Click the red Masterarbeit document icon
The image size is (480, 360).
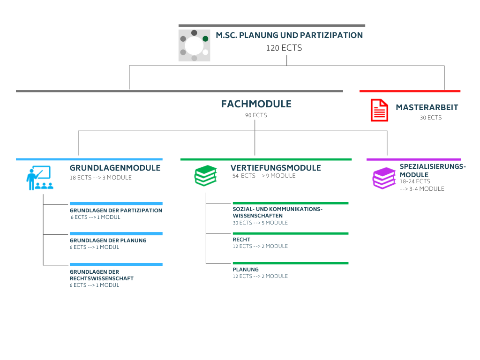(379, 110)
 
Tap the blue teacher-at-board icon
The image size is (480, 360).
(40, 178)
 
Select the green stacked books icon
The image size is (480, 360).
(206, 176)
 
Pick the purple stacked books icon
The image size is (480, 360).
(384, 178)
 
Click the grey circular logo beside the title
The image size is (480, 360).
(195, 45)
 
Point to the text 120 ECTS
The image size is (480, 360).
(284, 48)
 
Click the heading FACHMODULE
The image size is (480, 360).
(256, 104)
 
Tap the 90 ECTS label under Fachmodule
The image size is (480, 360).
(256, 115)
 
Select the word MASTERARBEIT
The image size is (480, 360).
(427, 107)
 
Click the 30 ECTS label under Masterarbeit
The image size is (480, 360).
(431, 118)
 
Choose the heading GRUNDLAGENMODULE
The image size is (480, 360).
(115, 168)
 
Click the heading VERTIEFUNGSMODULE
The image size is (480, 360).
(276, 168)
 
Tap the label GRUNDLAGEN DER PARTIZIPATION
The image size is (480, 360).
(116, 210)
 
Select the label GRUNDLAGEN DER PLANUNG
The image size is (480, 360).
(108, 240)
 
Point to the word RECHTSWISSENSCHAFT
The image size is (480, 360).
(102, 278)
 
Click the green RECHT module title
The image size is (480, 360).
(241, 240)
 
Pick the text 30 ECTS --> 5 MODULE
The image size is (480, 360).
(260, 223)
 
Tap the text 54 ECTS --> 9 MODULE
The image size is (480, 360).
(264, 176)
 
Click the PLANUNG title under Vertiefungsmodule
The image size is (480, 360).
(246, 270)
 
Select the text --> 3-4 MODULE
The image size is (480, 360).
(422, 189)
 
